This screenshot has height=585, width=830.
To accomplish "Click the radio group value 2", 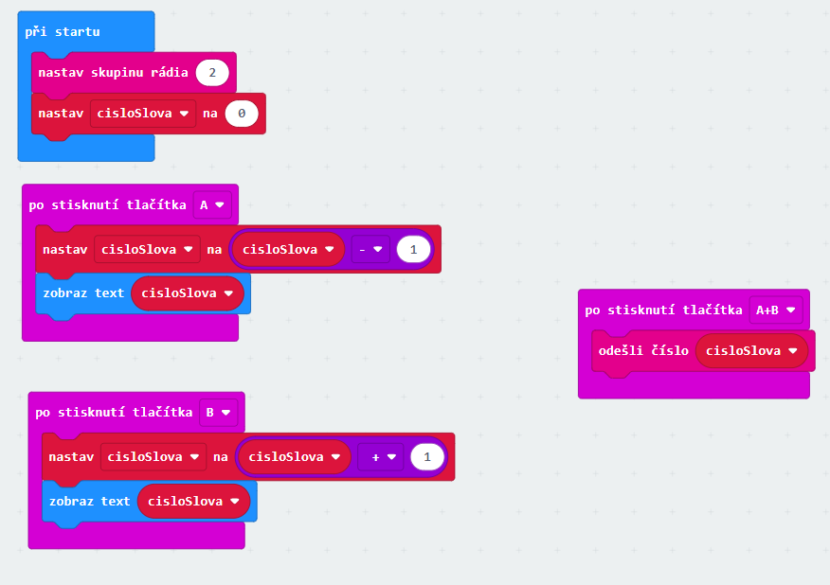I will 212,73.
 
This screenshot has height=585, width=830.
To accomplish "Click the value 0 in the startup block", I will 242,114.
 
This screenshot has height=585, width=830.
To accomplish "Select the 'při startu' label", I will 63,31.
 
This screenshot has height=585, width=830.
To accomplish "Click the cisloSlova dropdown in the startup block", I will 142,114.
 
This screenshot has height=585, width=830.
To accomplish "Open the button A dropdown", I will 212,204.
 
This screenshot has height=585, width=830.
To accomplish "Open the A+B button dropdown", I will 775,310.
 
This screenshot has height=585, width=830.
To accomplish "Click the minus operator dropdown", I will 370,250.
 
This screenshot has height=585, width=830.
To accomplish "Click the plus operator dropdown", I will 383,457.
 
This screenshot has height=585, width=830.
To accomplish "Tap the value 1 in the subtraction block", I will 413,250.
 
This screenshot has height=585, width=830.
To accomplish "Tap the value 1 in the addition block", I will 427,457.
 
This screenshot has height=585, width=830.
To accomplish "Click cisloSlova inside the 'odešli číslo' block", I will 751,350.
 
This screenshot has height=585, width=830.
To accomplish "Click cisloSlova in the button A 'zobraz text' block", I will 188,292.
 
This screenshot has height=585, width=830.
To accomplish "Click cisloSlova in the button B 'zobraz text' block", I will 193,501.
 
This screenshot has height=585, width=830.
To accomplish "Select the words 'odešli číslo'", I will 643,350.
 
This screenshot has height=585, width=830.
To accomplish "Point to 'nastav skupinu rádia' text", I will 113,73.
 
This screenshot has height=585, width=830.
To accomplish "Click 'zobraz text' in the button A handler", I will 83,292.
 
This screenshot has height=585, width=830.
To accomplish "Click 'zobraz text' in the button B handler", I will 89,501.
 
